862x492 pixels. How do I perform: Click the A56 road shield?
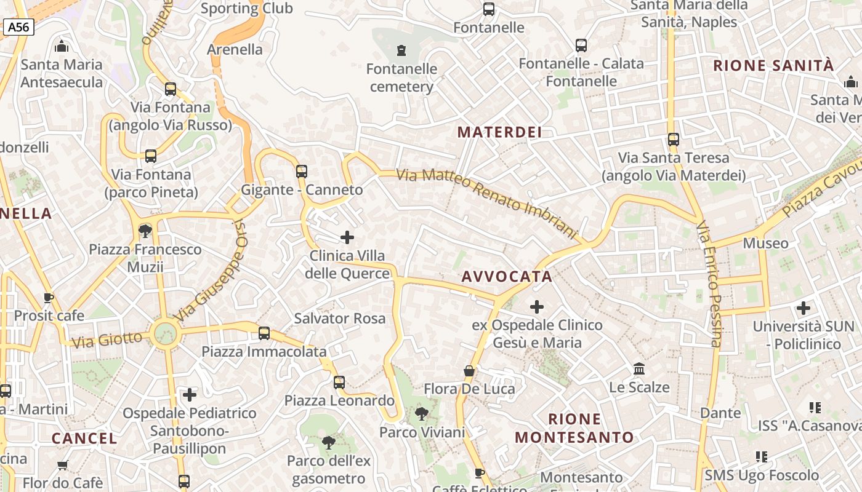18,27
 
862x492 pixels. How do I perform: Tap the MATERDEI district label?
499,132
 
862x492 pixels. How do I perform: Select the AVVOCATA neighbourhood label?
507,277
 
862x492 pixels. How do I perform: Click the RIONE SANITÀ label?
773,66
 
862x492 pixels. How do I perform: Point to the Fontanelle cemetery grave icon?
401,50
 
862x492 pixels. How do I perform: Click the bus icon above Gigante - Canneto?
301,171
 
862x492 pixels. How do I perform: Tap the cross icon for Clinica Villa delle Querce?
347,237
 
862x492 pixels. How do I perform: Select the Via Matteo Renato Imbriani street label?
486,204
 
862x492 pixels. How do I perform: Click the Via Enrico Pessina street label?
709,284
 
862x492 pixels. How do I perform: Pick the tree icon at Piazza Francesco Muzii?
145,231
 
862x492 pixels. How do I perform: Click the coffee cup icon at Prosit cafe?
49,298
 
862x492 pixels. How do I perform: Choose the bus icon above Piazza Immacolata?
264,333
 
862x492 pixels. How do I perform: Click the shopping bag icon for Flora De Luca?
469,371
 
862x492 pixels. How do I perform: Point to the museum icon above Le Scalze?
639,369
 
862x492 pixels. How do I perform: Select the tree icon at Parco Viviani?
422,414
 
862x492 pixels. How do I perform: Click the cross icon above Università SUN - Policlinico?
803,307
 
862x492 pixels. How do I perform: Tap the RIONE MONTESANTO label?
574,429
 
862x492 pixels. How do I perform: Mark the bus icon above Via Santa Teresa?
673,140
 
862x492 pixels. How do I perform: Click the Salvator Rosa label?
339,319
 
